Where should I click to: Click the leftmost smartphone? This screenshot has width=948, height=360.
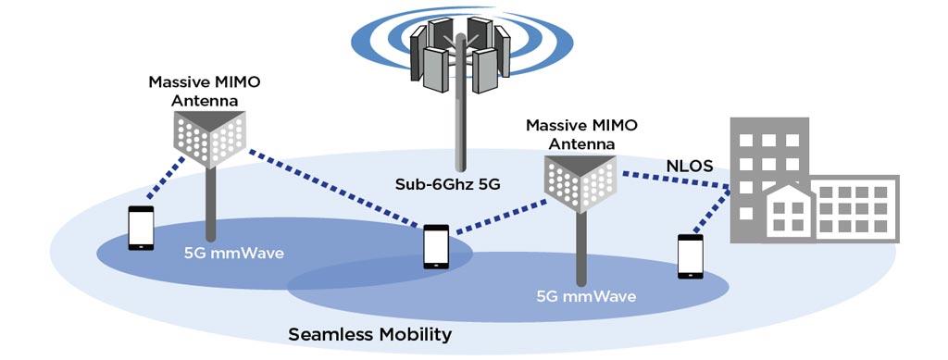141,228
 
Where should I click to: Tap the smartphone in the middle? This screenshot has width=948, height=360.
436,246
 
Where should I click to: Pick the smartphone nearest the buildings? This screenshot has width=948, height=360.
691,255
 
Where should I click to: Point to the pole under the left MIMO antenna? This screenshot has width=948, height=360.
210,208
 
